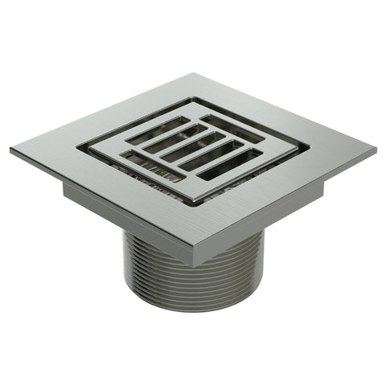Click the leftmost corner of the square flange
pos(12,150)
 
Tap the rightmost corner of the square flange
pos(375,150)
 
